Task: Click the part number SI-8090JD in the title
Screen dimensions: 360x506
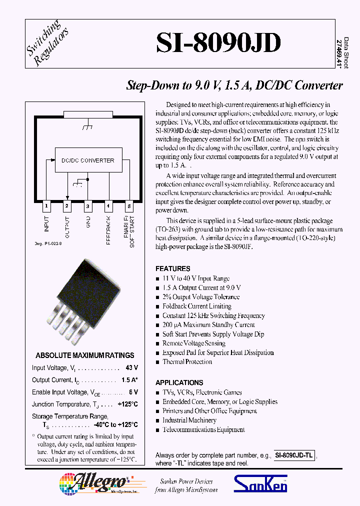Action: tap(218, 43)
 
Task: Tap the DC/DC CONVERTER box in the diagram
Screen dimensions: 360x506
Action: tap(88, 160)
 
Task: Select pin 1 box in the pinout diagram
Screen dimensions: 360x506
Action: tap(46, 205)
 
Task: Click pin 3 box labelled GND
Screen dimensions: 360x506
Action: tap(87, 205)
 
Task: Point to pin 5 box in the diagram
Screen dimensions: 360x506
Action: tap(129, 205)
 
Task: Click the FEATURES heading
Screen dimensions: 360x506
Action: tap(172, 268)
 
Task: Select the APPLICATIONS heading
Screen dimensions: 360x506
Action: tap(179, 382)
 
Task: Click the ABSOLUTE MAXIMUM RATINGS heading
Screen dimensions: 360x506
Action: tap(85, 355)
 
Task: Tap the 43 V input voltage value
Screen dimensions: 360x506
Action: tap(132, 368)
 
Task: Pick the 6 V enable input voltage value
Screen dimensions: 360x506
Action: tap(133, 392)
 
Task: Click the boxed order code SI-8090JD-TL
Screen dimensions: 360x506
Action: tap(294, 456)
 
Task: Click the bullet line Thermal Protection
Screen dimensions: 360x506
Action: tap(187, 362)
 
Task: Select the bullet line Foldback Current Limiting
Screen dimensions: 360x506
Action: tap(196, 306)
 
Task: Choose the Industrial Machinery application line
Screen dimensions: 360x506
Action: tap(189, 420)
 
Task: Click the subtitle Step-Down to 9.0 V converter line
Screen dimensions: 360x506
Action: tap(234, 85)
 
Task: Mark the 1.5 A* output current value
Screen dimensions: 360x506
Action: tap(129, 380)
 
